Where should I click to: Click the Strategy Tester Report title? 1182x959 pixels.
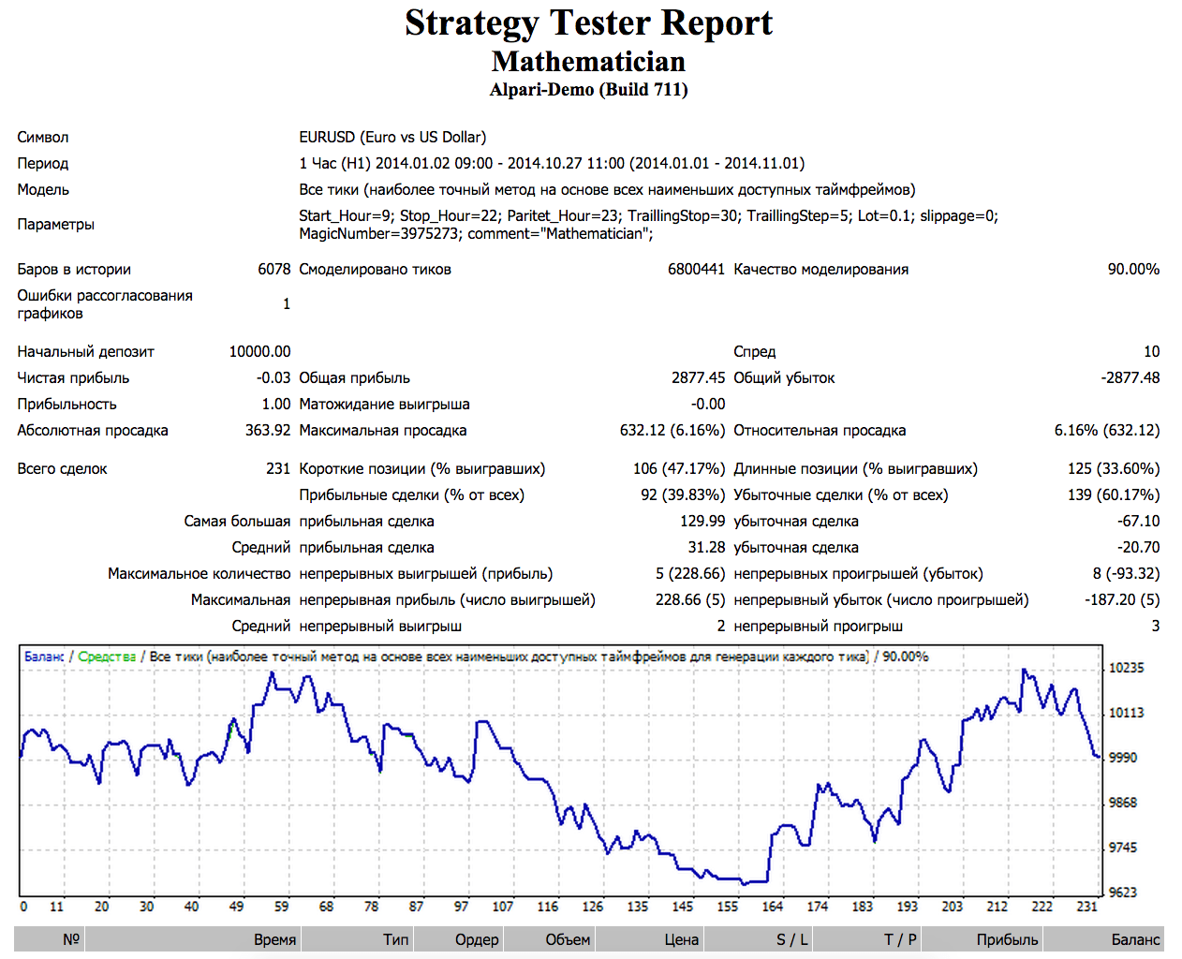(x=588, y=23)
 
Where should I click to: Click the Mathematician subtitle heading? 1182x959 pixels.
(x=588, y=62)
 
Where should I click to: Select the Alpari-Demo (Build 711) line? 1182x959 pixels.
(x=588, y=90)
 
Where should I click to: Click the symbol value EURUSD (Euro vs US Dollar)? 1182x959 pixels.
(x=392, y=138)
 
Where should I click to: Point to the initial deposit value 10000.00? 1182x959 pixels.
(x=259, y=352)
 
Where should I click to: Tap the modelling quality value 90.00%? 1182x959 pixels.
(x=1133, y=270)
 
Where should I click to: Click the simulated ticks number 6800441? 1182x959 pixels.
(x=696, y=270)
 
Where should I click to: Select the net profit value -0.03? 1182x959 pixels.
(x=273, y=378)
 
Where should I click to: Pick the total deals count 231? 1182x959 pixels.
(x=278, y=469)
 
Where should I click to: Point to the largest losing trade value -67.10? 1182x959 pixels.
(x=1138, y=522)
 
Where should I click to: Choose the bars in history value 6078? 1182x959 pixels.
(x=274, y=270)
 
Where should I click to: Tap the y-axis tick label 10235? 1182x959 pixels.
(x=1126, y=669)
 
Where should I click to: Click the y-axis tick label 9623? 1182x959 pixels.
(x=1123, y=893)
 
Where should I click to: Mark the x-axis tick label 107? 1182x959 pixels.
(x=503, y=907)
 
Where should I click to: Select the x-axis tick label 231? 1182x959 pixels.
(x=1086, y=907)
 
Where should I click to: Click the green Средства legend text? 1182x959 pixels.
(x=107, y=657)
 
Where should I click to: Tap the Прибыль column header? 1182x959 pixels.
(x=1007, y=939)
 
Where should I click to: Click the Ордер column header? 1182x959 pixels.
(x=477, y=939)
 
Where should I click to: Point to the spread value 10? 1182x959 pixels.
(x=1151, y=352)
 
